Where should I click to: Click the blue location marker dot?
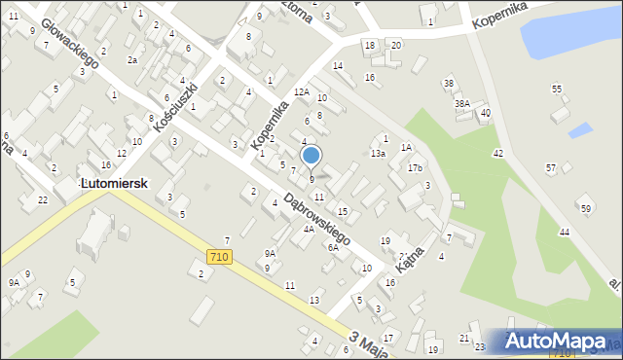coord(311,155)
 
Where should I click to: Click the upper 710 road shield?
coord(219,256)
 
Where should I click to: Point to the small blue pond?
coord(580,129)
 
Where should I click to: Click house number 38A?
coord(461,103)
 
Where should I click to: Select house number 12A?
coord(302,91)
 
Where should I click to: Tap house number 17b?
coord(416,168)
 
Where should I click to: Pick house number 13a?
coord(378,153)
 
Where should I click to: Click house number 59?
coord(585,209)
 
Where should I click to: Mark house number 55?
coord(557,89)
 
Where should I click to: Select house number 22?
coord(43,199)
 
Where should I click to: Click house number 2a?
coord(132,59)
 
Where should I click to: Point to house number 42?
coord(497,154)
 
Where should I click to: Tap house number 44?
coord(564,232)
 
